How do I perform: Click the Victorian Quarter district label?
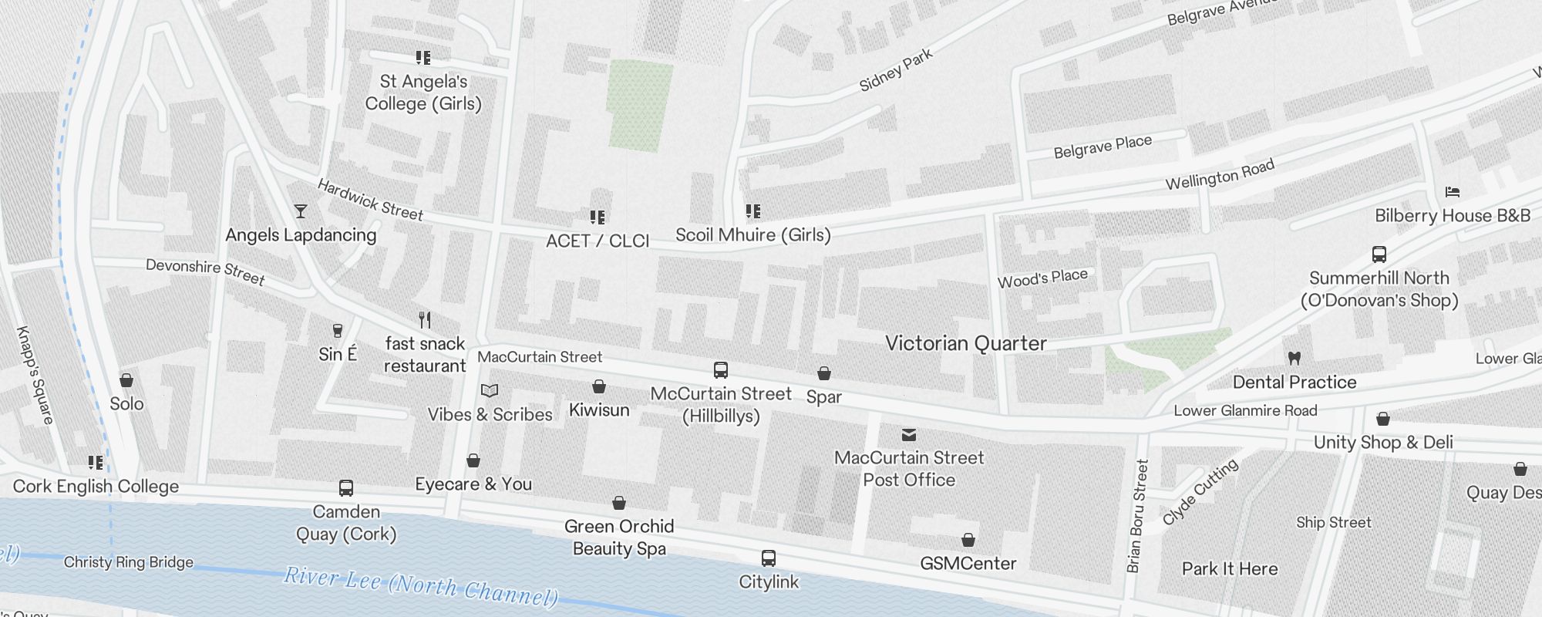click(x=965, y=344)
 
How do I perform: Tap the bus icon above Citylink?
click(x=768, y=558)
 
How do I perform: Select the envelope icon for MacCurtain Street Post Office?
click(x=909, y=435)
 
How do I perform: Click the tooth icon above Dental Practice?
click(x=1295, y=358)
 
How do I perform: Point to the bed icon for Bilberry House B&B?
click(x=1453, y=192)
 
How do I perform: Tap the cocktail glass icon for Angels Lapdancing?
click(x=301, y=211)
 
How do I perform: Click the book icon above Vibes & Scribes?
click(x=490, y=391)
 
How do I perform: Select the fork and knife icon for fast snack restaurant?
click(x=425, y=319)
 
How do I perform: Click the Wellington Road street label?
click(x=1219, y=175)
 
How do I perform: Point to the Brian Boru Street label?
click(x=1137, y=516)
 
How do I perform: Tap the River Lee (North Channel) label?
click(x=420, y=586)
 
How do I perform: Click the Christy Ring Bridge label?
click(x=128, y=562)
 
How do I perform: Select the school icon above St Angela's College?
click(x=423, y=58)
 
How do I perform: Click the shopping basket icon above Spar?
click(x=823, y=374)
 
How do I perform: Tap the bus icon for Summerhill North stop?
click(x=1379, y=255)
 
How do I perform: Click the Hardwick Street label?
click(x=370, y=200)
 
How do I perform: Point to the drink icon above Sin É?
click(x=337, y=331)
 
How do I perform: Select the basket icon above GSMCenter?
click(x=968, y=540)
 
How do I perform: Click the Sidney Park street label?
click(x=896, y=70)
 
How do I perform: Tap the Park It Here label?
click(x=1229, y=569)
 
